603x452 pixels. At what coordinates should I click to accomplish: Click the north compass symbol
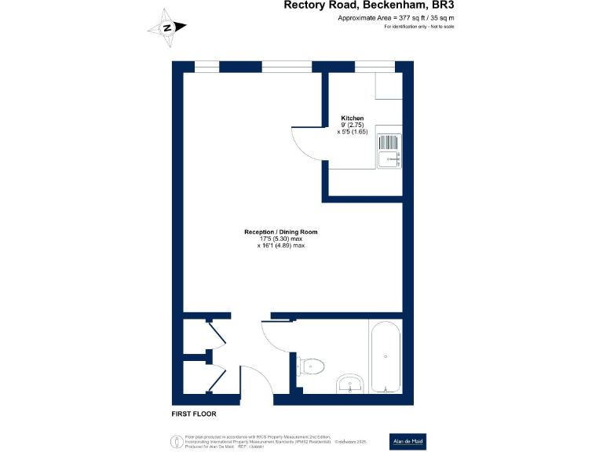[167, 27]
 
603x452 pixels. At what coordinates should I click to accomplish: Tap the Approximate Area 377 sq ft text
[396, 17]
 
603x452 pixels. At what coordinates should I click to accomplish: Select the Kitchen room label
[352, 118]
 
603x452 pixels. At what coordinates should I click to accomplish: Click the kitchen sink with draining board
[389, 151]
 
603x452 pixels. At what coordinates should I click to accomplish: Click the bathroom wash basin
[349, 385]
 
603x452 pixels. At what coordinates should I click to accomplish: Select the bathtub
[386, 358]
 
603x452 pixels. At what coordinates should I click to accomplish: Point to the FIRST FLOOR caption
[193, 414]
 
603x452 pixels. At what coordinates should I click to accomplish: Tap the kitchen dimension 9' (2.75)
[352, 125]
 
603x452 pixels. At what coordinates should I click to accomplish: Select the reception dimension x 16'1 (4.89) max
[280, 246]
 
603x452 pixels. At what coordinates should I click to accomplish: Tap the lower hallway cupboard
[196, 380]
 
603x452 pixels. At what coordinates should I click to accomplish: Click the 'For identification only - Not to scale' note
[419, 27]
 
